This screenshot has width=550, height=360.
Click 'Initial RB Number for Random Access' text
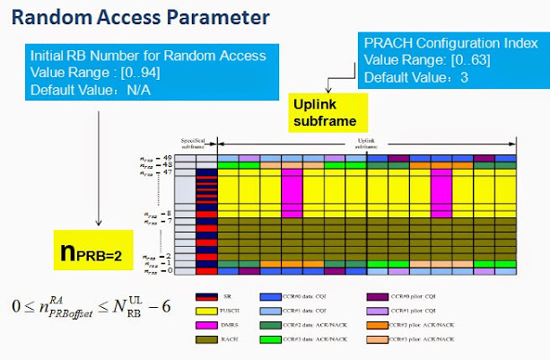[147, 56]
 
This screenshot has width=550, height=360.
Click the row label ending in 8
[158, 213]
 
